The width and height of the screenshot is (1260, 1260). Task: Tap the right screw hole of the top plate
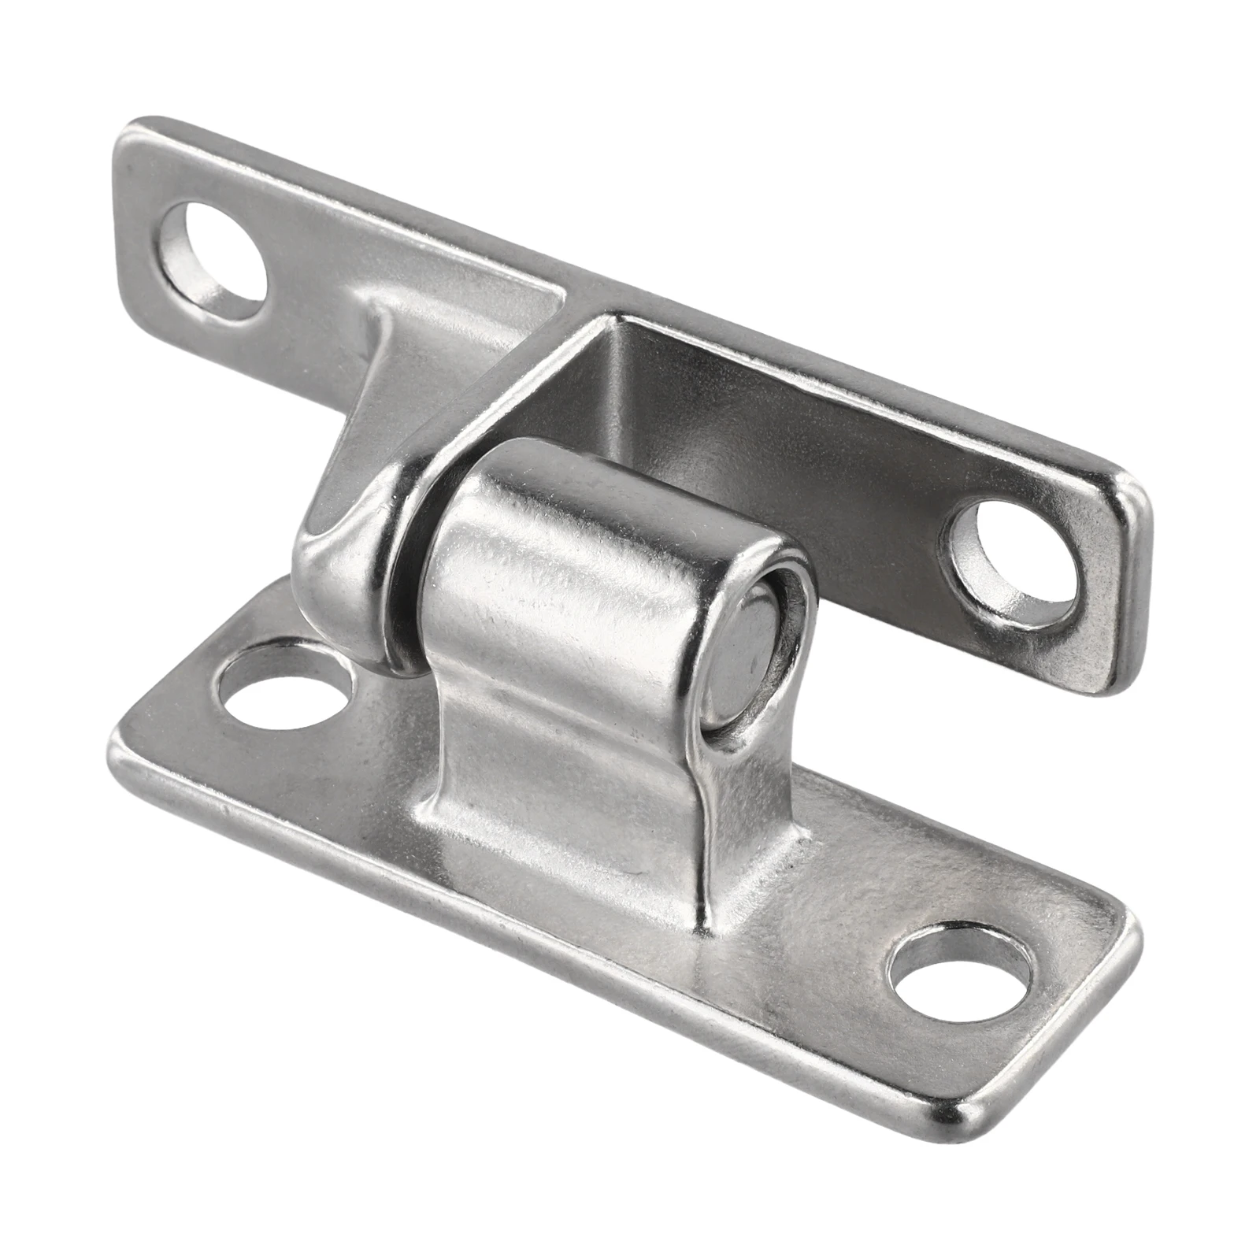click(1014, 560)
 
